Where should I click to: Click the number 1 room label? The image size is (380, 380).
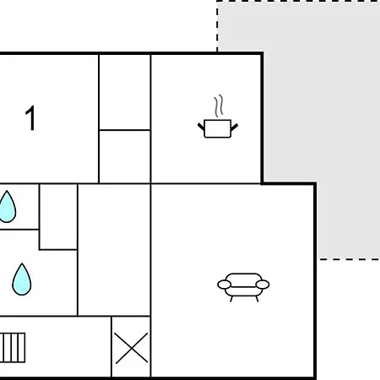30,118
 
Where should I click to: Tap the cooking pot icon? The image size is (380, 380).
218,128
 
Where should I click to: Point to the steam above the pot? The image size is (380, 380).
219,106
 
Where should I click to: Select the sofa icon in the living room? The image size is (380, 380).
243,287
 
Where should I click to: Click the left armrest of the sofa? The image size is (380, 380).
225,285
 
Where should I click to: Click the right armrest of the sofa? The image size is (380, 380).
263,285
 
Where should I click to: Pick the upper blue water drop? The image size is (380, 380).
8,207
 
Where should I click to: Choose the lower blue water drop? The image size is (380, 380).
22,280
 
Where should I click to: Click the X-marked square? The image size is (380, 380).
131,347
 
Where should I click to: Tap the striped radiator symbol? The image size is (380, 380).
13,348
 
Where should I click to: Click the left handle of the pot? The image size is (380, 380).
202,127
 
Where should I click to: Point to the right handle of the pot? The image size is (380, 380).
234,127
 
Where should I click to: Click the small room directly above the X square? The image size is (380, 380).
114,250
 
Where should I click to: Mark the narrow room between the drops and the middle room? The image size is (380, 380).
58,217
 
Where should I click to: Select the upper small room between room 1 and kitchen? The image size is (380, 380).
125,92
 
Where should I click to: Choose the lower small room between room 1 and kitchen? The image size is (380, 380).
125,157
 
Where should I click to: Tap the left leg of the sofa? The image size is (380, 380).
231,299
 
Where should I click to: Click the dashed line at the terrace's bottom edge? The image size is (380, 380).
350,259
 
